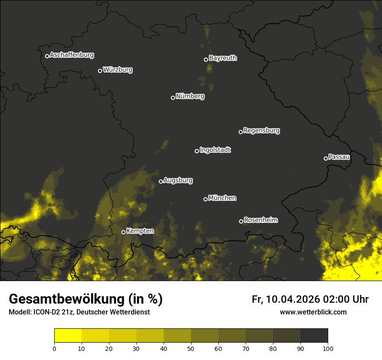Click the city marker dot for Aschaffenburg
point(47,56)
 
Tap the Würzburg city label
point(118,69)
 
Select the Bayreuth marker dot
point(206,59)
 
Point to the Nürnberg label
point(190,96)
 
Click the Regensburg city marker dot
point(240,132)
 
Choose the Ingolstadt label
point(215,150)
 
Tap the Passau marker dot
point(326,158)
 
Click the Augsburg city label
point(178,180)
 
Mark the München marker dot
point(205,200)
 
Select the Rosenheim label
point(260,220)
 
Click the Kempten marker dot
point(123,232)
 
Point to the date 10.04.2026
point(293,299)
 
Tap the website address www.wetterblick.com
point(313,312)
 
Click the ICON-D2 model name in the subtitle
point(44,312)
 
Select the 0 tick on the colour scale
point(54,348)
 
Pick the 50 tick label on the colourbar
point(191,348)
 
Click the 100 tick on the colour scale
point(328,348)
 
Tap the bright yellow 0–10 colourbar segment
point(68,336)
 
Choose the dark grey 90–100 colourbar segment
point(314,336)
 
